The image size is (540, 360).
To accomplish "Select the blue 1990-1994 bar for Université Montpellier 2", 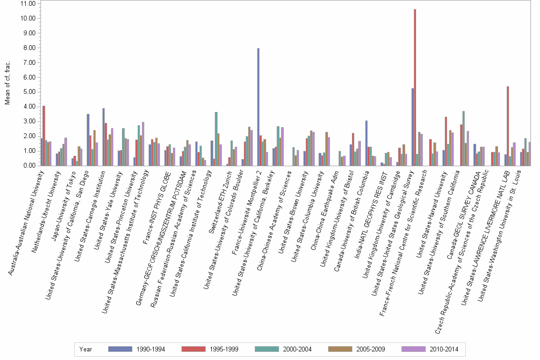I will coord(258,107).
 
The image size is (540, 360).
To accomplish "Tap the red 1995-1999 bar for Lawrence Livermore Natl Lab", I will coord(508,126).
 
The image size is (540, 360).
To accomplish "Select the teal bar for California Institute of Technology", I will coord(216,139).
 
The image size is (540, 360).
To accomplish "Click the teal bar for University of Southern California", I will coord(463,139).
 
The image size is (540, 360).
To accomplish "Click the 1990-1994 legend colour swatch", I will coord(120,349).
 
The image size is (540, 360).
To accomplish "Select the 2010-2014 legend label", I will coord(443,349).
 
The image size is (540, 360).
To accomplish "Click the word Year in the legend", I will coord(86,349).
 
